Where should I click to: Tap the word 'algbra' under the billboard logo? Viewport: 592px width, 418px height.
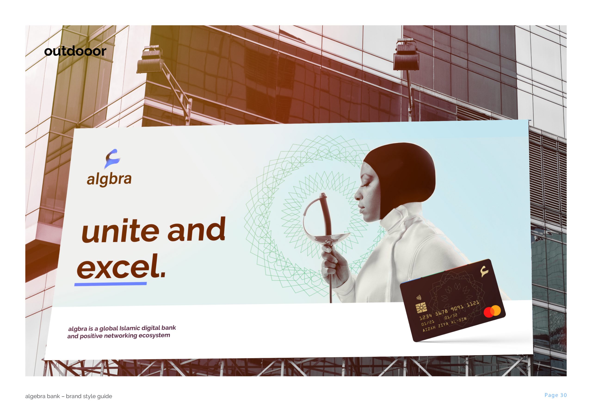pyautogui.click(x=109, y=179)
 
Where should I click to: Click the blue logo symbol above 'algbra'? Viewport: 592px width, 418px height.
pyautogui.click(x=112, y=159)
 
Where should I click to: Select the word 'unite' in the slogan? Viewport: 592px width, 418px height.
pyautogui.click(x=120, y=231)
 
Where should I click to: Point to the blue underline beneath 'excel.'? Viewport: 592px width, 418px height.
pyautogui.click(x=111, y=284)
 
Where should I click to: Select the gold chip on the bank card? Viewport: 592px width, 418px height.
pyautogui.click(x=421, y=308)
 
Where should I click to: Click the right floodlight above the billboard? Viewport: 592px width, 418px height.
pyautogui.click(x=406, y=55)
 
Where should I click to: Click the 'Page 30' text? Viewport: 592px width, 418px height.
pyautogui.click(x=555, y=395)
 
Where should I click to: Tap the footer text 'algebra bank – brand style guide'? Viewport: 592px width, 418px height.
pyautogui.click(x=69, y=396)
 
